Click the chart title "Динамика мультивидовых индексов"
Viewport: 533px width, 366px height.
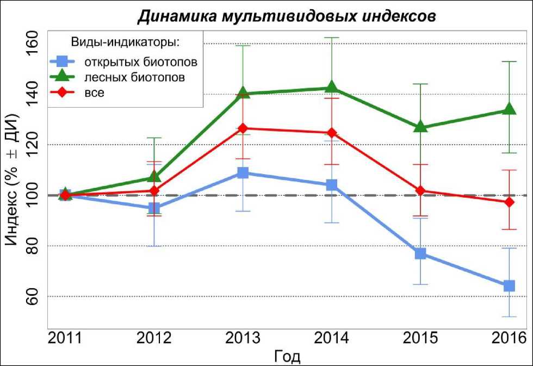click(286, 16)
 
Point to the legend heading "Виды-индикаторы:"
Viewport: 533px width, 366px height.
click(126, 42)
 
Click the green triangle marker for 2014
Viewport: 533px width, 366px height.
click(332, 88)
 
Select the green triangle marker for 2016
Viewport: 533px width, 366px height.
click(509, 109)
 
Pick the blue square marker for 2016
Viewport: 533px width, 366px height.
click(509, 286)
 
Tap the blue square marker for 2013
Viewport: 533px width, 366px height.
click(243, 173)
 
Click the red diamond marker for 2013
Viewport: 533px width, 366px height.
click(243, 128)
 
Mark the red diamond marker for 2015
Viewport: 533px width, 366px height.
click(420, 191)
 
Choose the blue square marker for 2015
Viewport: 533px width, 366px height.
click(420, 254)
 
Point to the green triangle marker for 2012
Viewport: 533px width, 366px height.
click(154, 177)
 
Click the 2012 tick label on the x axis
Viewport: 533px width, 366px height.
click(154, 338)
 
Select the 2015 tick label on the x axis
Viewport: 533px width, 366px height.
click(420, 338)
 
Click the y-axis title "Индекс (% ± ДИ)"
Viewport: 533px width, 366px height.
click(13, 179)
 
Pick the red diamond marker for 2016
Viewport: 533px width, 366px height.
click(509, 202)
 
